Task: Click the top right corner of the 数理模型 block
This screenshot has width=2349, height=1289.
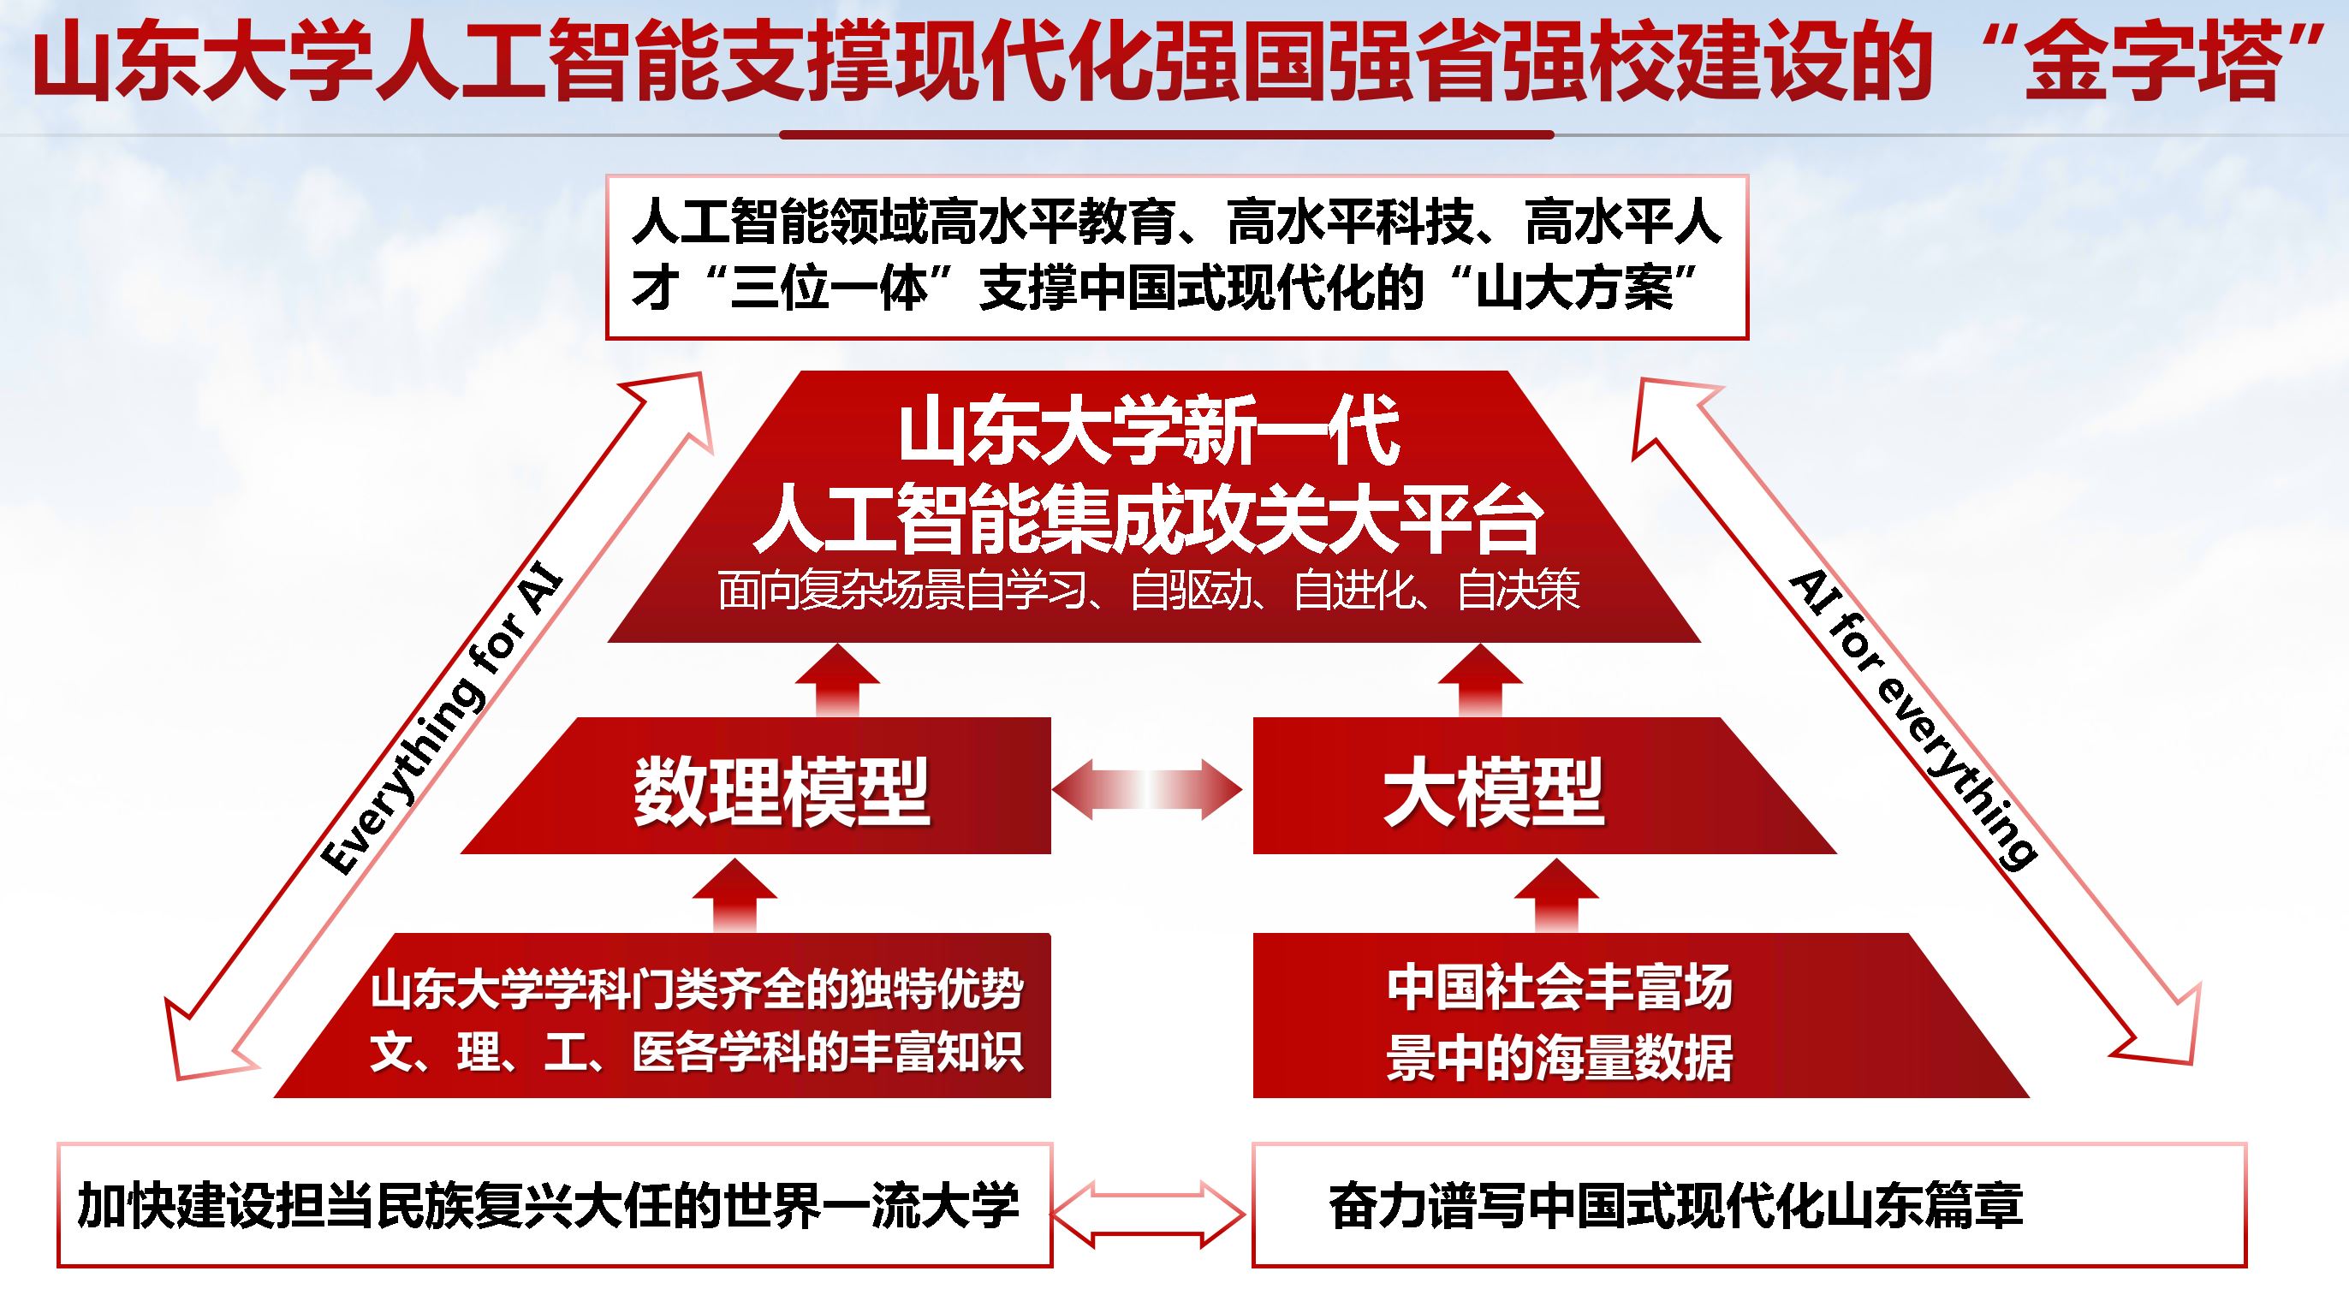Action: pos(1050,717)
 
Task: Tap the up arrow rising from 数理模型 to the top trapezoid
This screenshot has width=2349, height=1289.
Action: pos(837,680)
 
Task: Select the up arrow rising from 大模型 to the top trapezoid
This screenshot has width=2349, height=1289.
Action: pos(1480,680)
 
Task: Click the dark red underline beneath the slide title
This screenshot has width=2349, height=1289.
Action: pos(1166,135)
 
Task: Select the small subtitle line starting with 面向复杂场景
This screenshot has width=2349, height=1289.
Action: pos(1149,591)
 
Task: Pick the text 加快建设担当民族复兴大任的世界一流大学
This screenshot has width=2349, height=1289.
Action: pos(548,1204)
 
